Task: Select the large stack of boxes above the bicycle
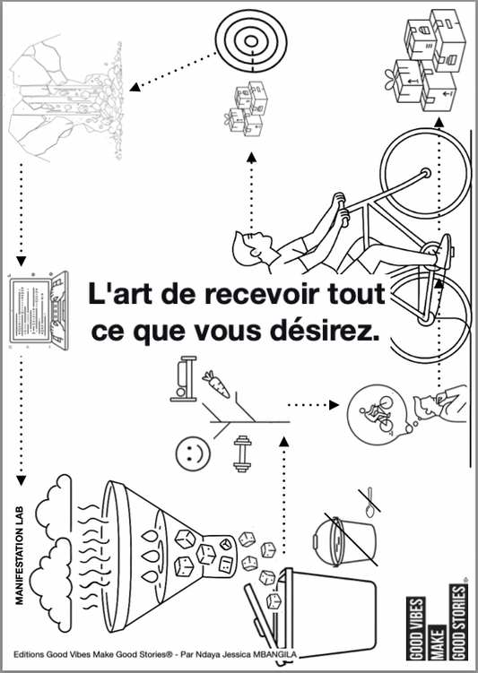427,58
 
